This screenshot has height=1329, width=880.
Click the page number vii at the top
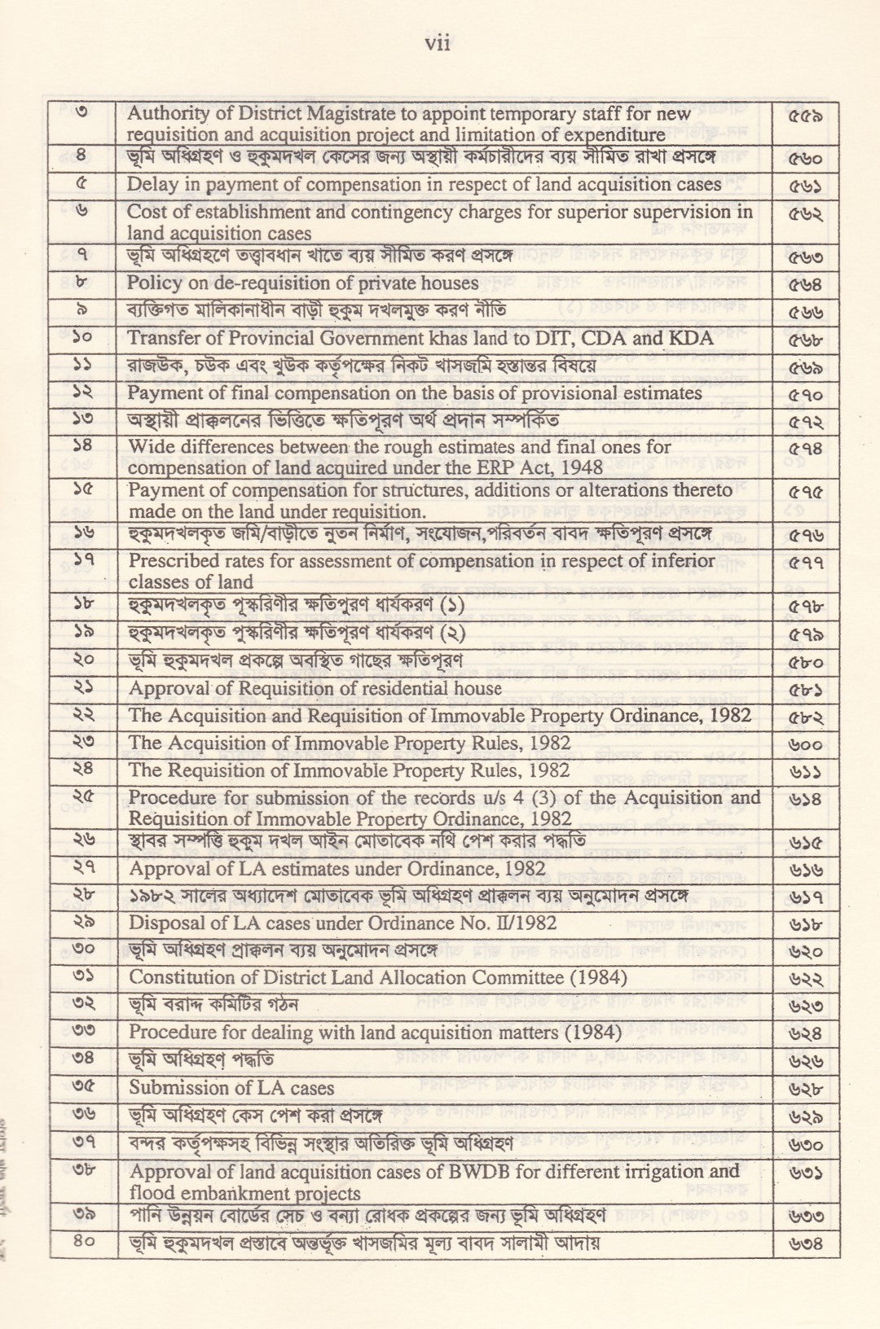pos(438,44)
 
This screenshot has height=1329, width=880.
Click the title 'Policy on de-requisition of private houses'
pos(302,283)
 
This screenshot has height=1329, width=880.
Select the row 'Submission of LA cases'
pos(231,1088)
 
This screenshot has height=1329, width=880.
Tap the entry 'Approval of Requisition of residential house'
pos(315,688)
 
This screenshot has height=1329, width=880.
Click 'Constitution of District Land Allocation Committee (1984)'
pos(378,976)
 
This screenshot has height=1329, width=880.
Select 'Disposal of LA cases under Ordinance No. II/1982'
pos(343,923)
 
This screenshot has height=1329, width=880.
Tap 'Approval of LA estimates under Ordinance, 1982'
pos(337,868)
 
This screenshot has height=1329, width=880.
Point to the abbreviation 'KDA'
pos(693,338)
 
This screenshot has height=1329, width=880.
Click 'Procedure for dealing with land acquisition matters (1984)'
pos(375,1032)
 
